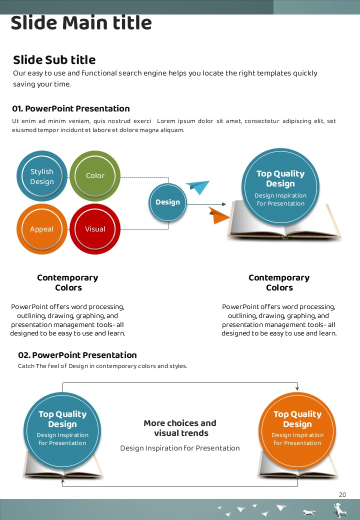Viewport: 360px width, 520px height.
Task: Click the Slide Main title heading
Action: coord(81,23)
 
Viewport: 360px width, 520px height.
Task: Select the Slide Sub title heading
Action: coord(54,60)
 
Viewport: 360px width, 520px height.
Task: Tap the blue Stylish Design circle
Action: coord(42,176)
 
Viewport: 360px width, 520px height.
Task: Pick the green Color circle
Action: coord(95,175)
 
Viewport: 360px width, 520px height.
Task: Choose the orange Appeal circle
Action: coord(41,229)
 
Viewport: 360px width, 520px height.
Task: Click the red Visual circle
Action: coord(95,229)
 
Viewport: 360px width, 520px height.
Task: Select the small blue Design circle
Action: coord(167,202)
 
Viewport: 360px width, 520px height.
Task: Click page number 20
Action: coord(342,495)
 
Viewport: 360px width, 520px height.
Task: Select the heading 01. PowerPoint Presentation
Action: coord(71,108)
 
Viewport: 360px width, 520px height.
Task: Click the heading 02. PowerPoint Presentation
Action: coord(77,355)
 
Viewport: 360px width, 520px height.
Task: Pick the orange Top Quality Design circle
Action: coord(297,427)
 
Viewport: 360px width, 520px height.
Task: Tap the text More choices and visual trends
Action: coord(180,428)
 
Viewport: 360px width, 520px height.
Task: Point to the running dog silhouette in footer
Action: coord(309,512)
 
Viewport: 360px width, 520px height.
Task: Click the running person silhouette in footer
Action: coord(340,510)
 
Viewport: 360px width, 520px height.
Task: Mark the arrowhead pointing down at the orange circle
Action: coord(297,388)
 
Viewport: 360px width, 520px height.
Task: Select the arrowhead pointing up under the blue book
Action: coord(62,481)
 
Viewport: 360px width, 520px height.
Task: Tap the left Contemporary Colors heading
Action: coord(67,282)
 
